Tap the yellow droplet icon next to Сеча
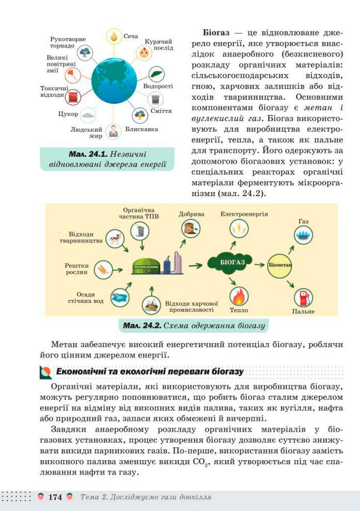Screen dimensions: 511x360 [x=113, y=36]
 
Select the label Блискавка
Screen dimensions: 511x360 [x=141, y=129]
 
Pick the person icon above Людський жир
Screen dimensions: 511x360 [x=113, y=131]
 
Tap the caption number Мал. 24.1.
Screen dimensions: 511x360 [x=85, y=154]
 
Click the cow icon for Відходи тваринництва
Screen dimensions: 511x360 [x=114, y=238]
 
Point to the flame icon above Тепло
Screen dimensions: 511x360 [x=239, y=297]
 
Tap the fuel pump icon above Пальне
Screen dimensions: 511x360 [x=303, y=298]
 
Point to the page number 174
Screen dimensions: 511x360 [x=55, y=497]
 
